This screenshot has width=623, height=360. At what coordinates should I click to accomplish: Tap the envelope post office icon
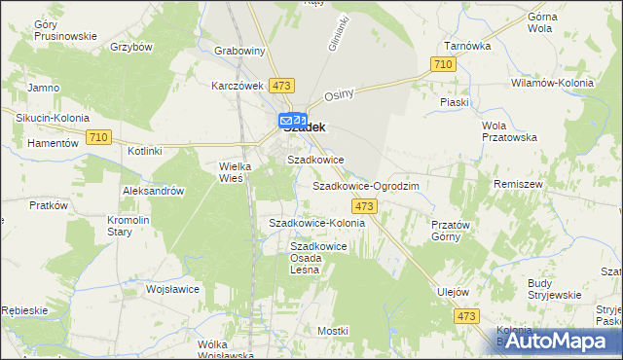pos(287,121)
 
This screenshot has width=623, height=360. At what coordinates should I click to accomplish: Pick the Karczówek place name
pos(238,85)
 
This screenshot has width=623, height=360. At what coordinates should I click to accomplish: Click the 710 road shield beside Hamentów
pos(95,138)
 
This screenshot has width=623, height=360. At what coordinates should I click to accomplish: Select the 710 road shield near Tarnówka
pos(443,64)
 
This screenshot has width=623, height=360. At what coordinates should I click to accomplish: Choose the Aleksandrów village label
pos(154,192)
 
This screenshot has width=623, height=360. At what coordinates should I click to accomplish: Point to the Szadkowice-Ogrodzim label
pos(365,185)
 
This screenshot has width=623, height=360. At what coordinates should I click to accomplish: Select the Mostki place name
pos(333,331)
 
